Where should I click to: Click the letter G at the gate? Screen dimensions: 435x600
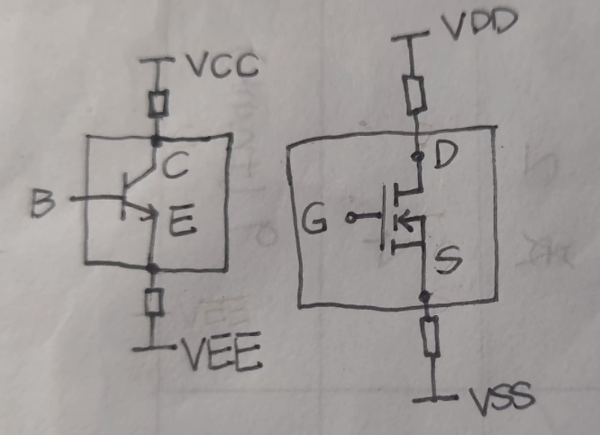[x=315, y=219]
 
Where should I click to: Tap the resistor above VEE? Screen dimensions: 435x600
[x=155, y=302]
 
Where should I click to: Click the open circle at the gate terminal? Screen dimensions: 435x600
[x=350, y=218]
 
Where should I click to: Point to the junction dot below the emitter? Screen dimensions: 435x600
[x=154, y=267]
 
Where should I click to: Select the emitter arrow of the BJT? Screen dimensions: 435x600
[x=148, y=213]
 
